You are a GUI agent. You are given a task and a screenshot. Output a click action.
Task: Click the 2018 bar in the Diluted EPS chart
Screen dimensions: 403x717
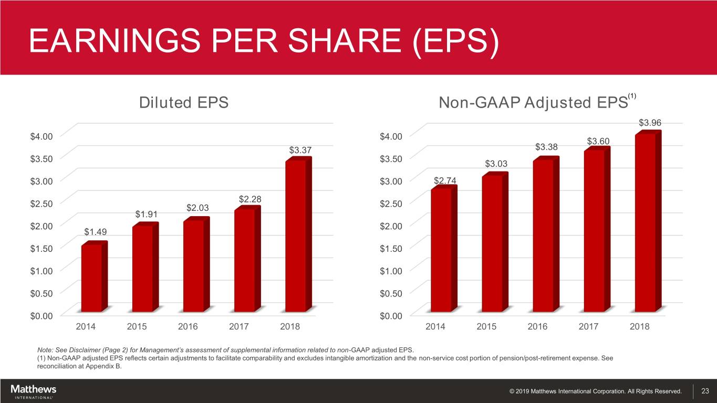click(295, 236)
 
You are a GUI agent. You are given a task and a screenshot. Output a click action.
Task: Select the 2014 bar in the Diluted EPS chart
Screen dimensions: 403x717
click(91, 278)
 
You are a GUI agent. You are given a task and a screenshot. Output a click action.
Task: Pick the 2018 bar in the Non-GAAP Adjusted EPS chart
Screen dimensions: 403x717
click(645, 222)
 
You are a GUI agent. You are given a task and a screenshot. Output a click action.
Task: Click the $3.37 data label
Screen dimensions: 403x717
click(299, 151)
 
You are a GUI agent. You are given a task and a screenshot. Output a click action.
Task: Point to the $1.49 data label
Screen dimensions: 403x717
click(95, 232)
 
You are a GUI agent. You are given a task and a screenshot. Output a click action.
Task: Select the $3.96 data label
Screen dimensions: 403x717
click(649, 123)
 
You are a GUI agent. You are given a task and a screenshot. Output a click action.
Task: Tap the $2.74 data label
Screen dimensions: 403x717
click(445, 181)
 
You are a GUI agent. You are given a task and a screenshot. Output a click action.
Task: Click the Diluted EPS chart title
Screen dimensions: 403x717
click(183, 102)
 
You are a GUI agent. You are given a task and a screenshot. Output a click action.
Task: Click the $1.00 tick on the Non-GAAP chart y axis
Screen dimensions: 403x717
click(391, 270)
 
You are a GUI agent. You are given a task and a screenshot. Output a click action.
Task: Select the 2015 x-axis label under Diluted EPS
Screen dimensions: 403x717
click(137, 326)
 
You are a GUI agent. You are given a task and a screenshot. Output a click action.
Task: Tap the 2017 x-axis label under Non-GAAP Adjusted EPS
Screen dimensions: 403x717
click(589, 326)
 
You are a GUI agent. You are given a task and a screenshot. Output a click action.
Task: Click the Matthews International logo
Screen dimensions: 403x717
click(33, 391)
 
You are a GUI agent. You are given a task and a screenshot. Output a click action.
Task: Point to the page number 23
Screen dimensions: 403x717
click(705, 391)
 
